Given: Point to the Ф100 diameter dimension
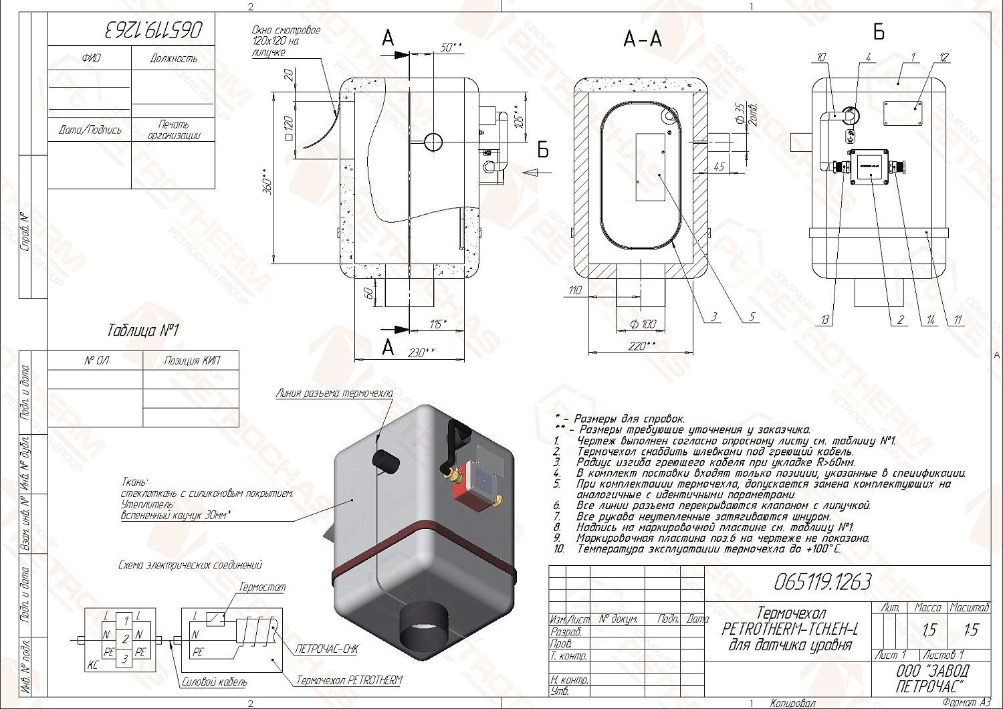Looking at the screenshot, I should [643, 324].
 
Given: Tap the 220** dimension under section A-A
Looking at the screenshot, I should [641, 346].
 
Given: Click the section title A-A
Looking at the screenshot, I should [643, 39].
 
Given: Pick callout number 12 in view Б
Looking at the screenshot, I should [943, 58].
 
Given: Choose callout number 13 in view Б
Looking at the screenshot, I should [825, 320].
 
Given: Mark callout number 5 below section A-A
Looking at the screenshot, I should [752, 316].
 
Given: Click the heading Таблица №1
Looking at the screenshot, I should [143, 330].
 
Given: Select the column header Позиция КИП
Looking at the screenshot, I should [192, 361].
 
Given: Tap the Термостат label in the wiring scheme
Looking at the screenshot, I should [262, 587].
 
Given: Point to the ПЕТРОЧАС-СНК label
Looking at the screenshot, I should [327, 649].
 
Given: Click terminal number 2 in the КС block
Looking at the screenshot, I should [125, 639].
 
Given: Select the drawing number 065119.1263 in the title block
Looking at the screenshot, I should [822, 583].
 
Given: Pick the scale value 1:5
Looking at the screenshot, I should [970, 630].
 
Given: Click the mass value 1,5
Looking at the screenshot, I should [928, 630].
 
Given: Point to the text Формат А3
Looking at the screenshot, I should [966, 703].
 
